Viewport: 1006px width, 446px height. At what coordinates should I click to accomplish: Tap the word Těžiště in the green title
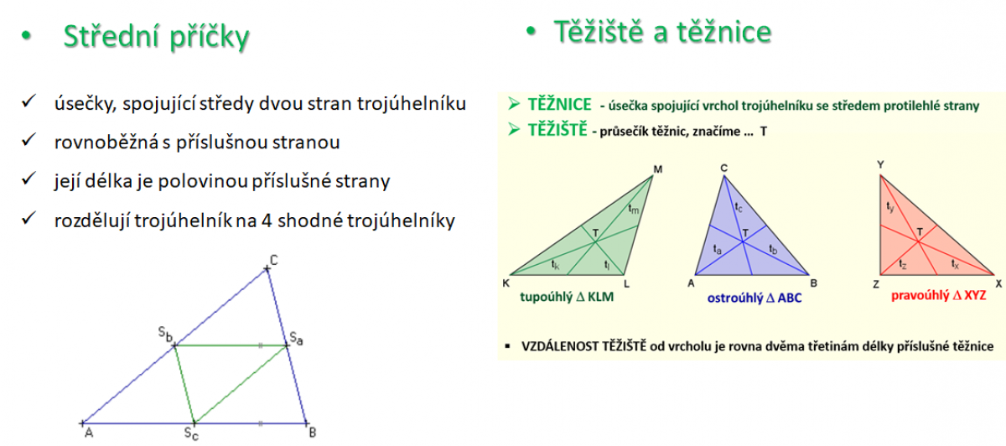click(x=599, y=32)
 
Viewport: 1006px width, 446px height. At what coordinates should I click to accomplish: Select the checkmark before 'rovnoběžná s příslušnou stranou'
click(x=29, y=140)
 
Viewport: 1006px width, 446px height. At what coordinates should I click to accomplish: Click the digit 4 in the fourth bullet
click(x=267, y=220)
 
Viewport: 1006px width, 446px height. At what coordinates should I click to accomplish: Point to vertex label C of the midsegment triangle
click(x=274, y=260)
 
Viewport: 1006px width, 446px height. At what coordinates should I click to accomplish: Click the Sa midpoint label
click(x=296, y=338)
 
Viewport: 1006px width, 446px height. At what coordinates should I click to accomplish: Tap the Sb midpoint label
click(x=165, y=334)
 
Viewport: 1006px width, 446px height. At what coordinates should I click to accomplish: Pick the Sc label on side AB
click(x=191, y=433)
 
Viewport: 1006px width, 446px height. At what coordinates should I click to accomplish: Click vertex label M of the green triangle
click(x=658, y=169)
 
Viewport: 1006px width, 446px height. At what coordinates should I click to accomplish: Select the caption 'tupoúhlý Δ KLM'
click(x=567, y=297)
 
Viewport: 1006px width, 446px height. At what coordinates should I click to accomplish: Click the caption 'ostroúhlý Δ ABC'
click(x=754, y=298)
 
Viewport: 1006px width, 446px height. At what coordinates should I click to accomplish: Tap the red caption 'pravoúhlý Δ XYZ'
click(x=939, y=296)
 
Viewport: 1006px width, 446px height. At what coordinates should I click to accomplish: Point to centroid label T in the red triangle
click(x=920, y=231)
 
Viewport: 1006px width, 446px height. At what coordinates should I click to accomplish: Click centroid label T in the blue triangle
click(x=745, y=233)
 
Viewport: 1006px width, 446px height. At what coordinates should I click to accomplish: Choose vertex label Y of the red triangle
click(x=881, y=165)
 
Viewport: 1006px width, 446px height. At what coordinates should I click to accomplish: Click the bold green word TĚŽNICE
click(x=560, y=104)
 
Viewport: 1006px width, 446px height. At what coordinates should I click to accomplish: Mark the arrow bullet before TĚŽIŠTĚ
click(x=514, y=129)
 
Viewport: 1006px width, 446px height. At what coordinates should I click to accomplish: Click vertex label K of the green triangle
click(x=506, y=283)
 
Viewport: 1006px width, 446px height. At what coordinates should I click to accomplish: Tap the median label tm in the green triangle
click(x=633, y=209)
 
